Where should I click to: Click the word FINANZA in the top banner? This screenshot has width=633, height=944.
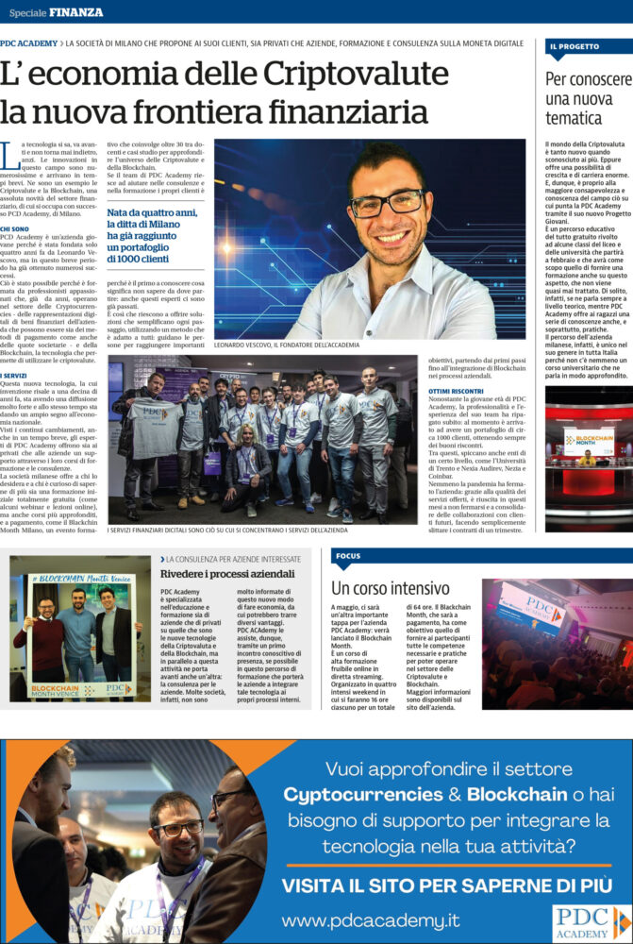coord(76,12)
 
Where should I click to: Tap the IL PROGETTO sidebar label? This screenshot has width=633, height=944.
coord(574,45)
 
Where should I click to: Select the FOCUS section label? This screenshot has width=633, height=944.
coord(348,556)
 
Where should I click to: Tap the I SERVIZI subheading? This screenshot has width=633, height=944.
coord(14,376)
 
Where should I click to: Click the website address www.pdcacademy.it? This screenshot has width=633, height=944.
coord(370,919)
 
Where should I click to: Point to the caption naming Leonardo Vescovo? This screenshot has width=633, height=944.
coord(287,346)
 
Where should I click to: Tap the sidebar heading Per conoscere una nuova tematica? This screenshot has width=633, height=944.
coord(588,98)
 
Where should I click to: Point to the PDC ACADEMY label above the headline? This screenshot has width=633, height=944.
coord(28,43)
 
